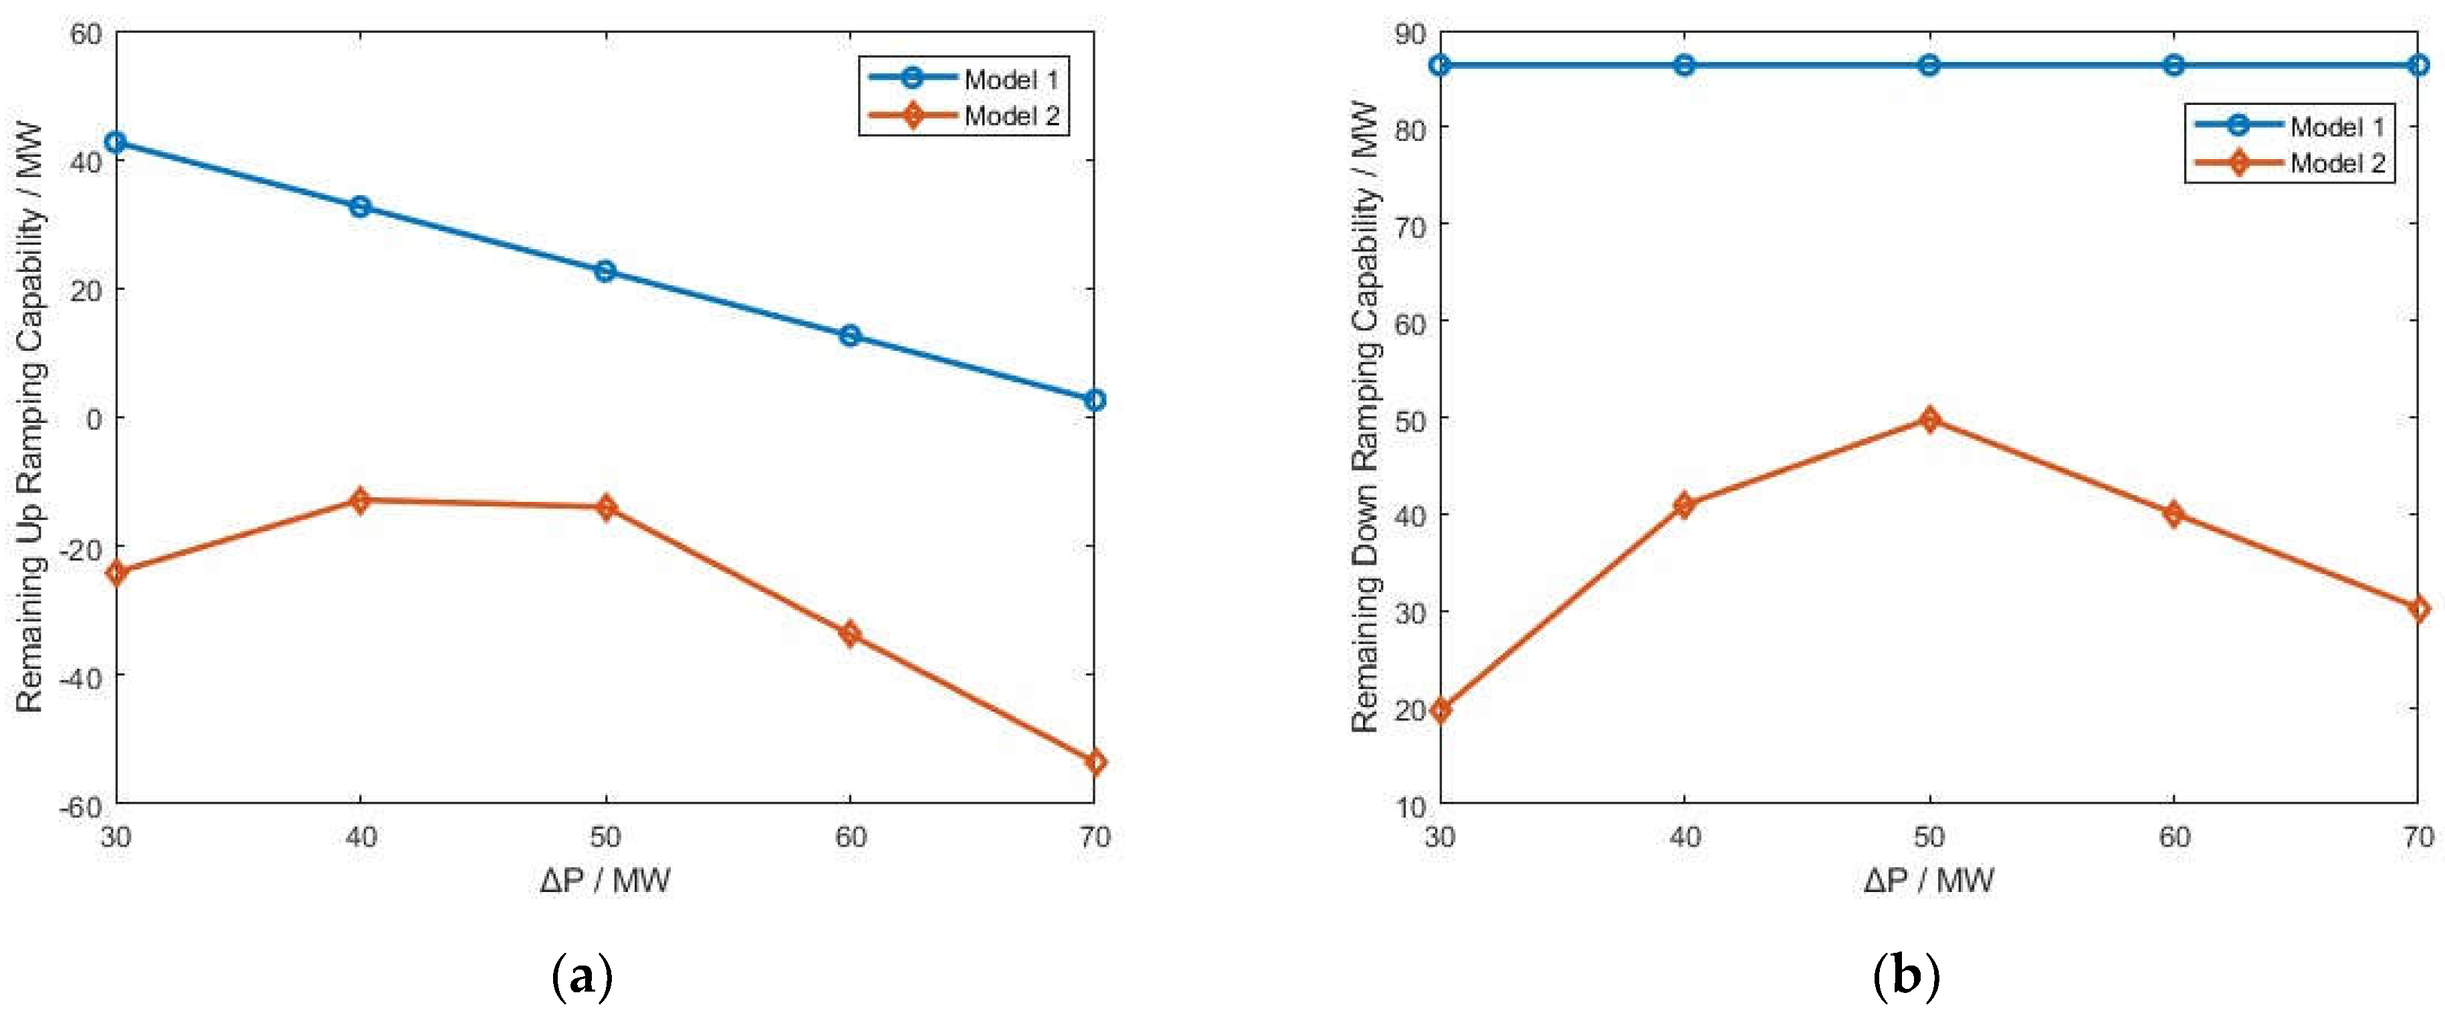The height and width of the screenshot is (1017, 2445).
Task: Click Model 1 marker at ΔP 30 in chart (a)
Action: tap(116, 142)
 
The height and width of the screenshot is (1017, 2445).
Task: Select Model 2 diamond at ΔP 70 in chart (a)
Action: tap(1094, 762)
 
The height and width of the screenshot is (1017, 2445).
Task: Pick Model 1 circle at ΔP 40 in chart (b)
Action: tap(1685, 65)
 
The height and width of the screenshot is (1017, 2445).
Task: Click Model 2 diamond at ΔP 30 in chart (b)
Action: tap(1441, 709)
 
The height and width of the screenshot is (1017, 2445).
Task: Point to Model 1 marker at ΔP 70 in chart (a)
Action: tap(1094, 400)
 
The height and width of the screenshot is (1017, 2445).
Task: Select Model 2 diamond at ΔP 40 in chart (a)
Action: tap(360, 500)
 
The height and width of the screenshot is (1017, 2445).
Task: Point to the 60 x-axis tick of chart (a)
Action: tap(851, 837)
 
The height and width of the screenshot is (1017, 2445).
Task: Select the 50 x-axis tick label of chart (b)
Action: tap(1929, 837)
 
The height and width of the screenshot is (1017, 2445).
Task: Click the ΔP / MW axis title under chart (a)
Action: tap(605, 881)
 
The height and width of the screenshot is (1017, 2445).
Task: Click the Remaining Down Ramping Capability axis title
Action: tap(1364, 418)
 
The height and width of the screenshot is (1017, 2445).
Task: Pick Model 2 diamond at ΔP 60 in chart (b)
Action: tap(2173, 515)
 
